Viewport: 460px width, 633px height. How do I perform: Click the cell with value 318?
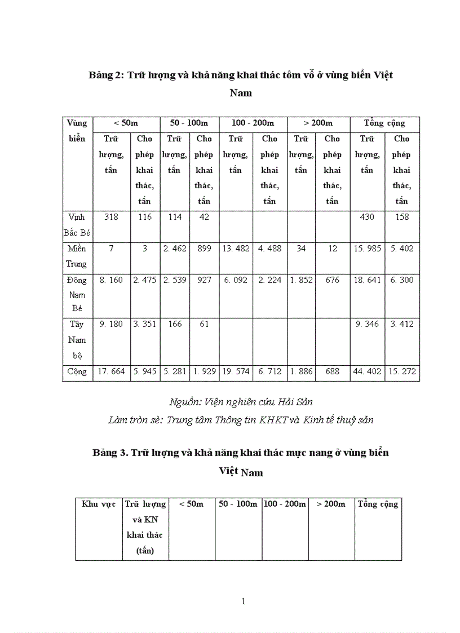pos(111,217)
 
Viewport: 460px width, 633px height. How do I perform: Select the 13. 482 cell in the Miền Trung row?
pos(236,249)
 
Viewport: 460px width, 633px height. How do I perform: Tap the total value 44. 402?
pos(367,371)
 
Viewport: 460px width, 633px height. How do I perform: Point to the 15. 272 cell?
pos(402,371)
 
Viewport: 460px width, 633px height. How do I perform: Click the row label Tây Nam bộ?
pos(77,340)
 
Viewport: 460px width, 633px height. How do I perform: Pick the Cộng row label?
pos(77,371)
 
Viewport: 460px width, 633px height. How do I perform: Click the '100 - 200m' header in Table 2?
pos(253,123)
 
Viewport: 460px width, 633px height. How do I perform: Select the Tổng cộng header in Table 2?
pos(384,123)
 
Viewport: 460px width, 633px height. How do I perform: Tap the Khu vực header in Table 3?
pos(99,504)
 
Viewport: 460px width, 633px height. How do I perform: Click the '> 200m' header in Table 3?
pos(331,504)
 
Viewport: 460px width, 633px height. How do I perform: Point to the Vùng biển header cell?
pos(77,131)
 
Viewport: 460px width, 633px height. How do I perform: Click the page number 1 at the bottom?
pos(244,601)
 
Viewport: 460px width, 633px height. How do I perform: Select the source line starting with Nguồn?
pos(241,402)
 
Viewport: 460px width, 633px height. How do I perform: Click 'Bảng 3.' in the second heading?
pos(110,453)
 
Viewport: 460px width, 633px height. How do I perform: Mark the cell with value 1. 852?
pos(301,280)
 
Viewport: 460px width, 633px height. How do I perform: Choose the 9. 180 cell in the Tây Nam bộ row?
pos(111,324)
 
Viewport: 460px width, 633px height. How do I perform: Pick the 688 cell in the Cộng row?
pos(333,371)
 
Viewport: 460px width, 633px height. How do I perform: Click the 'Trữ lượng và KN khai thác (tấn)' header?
pos(145,528)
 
